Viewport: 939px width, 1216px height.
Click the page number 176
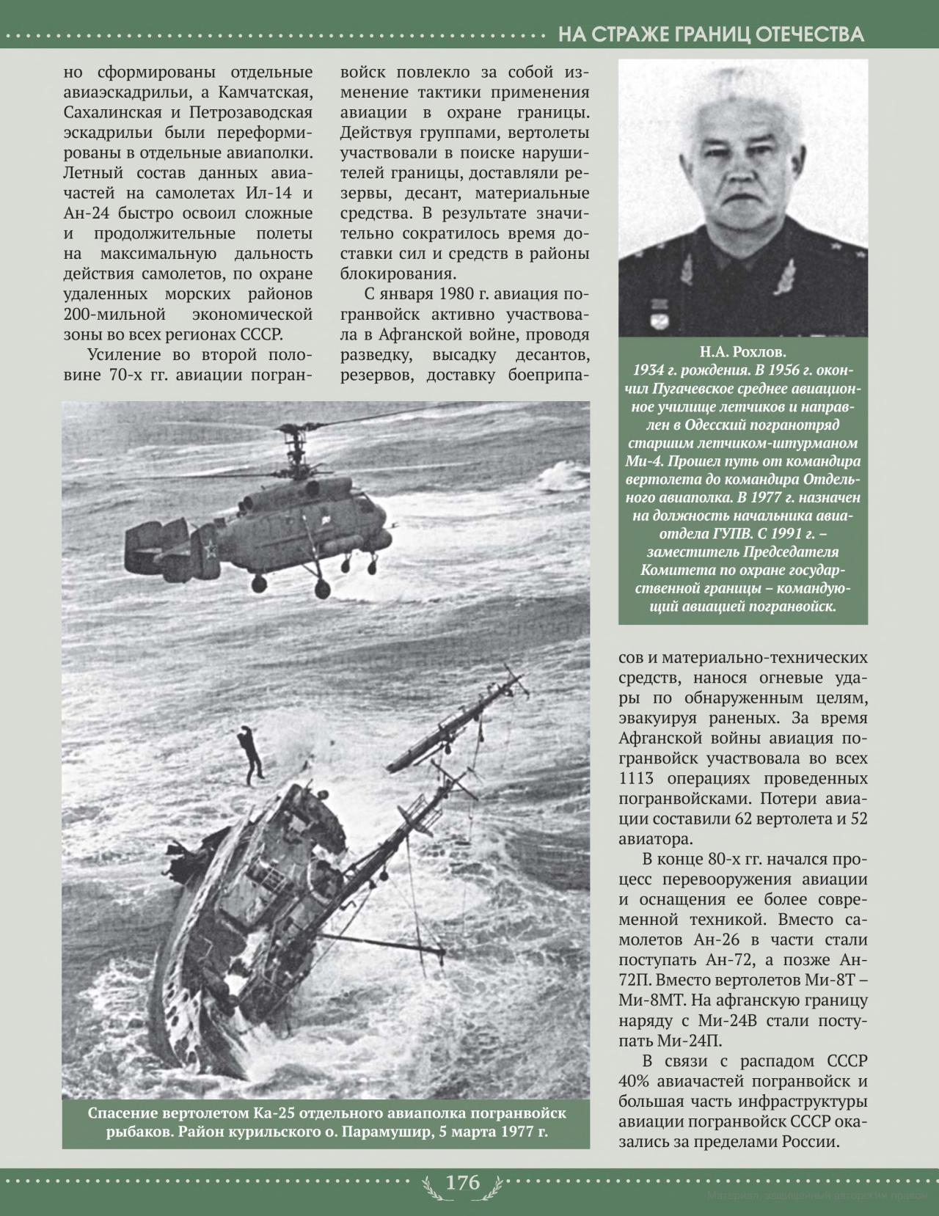point(463,1182)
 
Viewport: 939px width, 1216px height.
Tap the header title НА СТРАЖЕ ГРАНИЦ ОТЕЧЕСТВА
point(711,34)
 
